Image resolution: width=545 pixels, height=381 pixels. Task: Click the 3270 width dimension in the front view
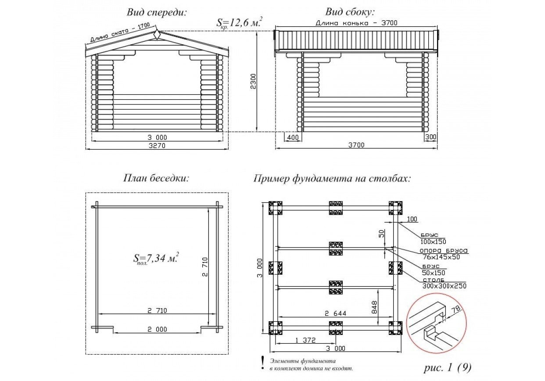tap(157, 145)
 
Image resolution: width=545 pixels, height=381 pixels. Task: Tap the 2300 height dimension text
tap(253, 81)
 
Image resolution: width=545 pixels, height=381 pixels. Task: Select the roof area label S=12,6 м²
tap(240, 23)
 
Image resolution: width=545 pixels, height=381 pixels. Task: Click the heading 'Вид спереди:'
tap(157, 12)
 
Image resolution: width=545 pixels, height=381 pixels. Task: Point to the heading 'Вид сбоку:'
tap(350, 12)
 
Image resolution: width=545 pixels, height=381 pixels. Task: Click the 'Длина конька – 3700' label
tap(356, 23)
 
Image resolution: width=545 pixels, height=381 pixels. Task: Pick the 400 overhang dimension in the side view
tap(293, 137)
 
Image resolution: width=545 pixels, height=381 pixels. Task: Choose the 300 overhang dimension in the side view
tap(430, 137)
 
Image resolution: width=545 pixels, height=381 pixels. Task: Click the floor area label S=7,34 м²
tap(156, 258)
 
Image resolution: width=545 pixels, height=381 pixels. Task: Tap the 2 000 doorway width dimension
tap(157, 329)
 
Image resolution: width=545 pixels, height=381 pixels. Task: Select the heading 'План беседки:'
tap(156, 178)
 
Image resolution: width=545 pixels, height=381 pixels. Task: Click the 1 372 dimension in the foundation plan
tap(305, 340)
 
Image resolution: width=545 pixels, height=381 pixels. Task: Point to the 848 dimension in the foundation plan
tap(374, 307)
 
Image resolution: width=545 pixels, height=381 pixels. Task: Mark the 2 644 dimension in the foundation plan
tap(336, 313)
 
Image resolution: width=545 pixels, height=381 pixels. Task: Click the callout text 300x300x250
tap(444, 286)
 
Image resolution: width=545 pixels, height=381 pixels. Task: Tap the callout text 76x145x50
tap(441, 257)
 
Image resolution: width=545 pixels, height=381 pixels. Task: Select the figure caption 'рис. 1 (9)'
tap(448, 367)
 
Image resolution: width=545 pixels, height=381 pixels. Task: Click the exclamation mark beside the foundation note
tap(262, 363)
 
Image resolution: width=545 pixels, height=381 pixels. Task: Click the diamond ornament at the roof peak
tap(157, 34)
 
